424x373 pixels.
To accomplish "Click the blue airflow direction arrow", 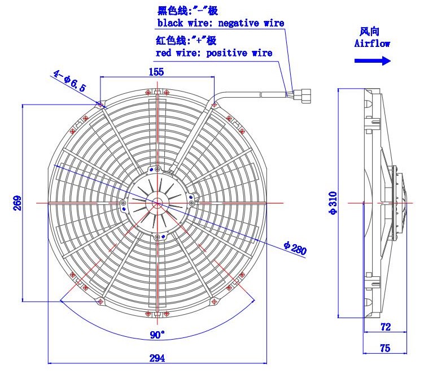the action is click(373, 60).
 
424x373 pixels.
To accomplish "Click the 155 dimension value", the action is click(156, 72).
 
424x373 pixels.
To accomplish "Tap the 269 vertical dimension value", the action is click(17, 203).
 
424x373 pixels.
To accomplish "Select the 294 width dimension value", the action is click(157, 358).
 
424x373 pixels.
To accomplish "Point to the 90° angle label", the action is click(157, 335).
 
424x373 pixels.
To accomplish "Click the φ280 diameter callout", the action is click(295, 248).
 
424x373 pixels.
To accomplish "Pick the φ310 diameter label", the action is click(333, 203).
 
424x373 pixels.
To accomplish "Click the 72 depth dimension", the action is click(386, 327).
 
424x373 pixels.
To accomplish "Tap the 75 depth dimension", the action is click(385, 348).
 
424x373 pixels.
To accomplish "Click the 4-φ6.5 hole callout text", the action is click(70, 81).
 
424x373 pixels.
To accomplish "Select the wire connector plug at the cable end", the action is click(302, 96).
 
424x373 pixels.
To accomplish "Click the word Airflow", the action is click(373, 44).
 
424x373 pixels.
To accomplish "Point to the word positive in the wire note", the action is click(226, 53).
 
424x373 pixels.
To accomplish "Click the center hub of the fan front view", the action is click(157, 203).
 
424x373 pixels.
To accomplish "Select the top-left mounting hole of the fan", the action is click(100, 105).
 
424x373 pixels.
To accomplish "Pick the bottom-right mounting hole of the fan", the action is click(214, 301).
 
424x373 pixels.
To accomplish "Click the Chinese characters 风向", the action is click(369, 32).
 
